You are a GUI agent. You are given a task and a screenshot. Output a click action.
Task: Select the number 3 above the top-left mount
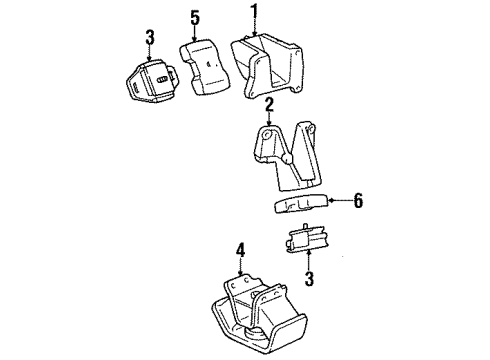150,38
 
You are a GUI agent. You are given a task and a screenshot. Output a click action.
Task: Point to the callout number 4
240,249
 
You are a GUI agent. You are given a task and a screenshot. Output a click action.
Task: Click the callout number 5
194,16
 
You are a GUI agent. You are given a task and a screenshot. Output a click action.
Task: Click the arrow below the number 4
240,267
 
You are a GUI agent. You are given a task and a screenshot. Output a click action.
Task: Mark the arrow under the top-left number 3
150,55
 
